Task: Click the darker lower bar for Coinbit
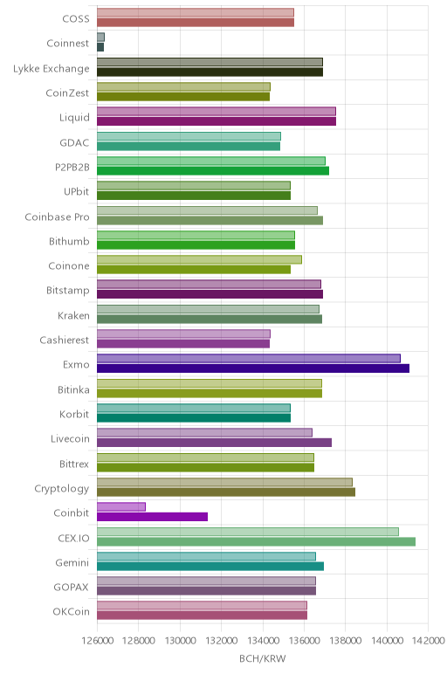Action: pyautogui.click(x=152, y=517)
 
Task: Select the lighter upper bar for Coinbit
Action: pyautogui.click(x=121, y=506)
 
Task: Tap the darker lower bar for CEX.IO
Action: pyautogui.click(x=256, y=541)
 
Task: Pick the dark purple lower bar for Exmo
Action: pyautogui.click(x=253, y=368)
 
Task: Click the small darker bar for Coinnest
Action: pyautogui.click(x=100, y=47)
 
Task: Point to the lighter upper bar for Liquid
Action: pyautogui.click(x=217, y=112)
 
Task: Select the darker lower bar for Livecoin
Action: pyautogui.click(x=214, y=443)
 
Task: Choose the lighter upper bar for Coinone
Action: pyautogui.click(x=199, y=259)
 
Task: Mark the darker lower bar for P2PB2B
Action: pyautogui.click(x=213, y=170)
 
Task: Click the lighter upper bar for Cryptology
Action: pyautogui.click(x=224, y=482)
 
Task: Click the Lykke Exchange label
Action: pyautogui.click(x=52, y=69)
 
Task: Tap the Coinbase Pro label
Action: pyautogui.click(x=57, y=217)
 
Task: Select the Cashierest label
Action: pyautogui.click(x=64, y=340)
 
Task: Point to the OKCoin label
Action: pyautogui.click(x=71, y=611)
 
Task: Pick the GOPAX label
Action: pyautogui.click(x=71, y=587)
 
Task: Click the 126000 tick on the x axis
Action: pyautogui.click(x=98, y=641)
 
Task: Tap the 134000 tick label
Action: pyautogui.click(x=263, y=641)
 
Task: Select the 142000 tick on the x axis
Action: pyautogui.click(x=429, y=641)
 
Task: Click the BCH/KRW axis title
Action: pyautogui.click(x=262, y=658)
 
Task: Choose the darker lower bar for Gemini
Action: pyautogui.click(x=210, y=566)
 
